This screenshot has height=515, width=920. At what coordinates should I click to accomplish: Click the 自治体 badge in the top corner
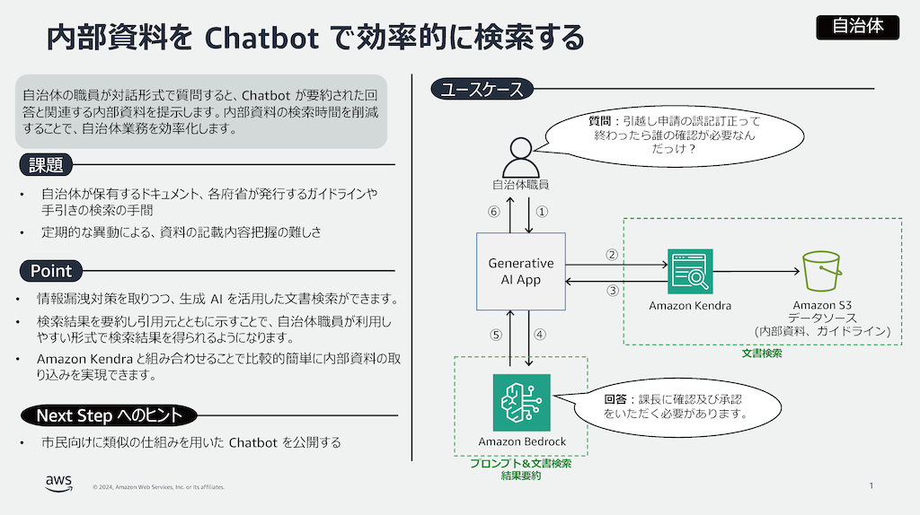857,27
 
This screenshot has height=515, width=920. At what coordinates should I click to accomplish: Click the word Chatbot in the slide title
261,38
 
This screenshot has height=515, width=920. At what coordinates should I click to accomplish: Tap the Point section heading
50,271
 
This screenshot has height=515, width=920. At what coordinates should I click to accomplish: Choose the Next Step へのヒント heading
108,415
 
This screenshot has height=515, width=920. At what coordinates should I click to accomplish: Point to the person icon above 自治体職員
520,158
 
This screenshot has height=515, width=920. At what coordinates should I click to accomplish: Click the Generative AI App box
520,271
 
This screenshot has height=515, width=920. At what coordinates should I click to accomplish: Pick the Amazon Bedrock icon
520,403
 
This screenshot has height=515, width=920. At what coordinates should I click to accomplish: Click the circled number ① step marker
542,213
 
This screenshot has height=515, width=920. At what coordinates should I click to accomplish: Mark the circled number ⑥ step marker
492,213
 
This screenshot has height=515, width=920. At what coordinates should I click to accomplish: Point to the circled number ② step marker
613,255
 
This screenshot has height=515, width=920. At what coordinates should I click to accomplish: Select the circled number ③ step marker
613,291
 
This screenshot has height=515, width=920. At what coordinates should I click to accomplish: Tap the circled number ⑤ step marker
493,335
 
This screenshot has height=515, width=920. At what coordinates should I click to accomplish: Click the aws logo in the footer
59,484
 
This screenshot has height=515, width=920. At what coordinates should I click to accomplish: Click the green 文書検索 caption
762,354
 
